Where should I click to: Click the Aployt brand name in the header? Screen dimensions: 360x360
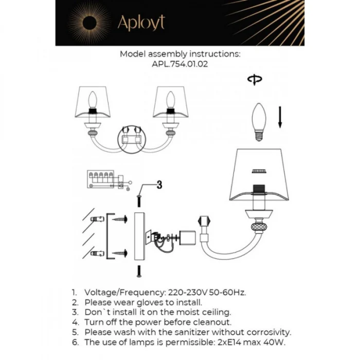pyautogui.click(x=141, y=23)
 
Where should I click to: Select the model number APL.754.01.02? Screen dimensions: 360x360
pyautogui.click(x=180, y=65)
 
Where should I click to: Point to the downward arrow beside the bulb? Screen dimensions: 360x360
pyautogui.click(x=280, y=116)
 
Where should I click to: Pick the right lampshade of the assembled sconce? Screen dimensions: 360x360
pyautogui.click(x=170, y=102)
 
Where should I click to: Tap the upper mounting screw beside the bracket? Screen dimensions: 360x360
pyautogui.click(x=121, y=220)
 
